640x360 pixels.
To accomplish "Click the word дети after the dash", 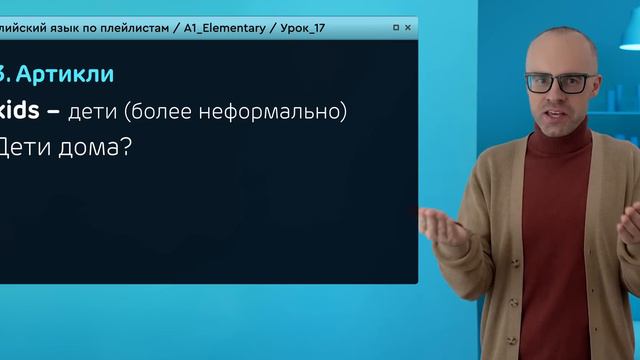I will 92,112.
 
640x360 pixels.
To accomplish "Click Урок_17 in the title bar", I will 299,28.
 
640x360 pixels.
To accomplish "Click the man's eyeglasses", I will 556,83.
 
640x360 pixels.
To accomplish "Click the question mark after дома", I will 127,148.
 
